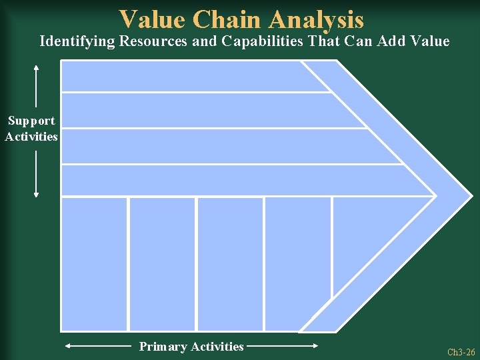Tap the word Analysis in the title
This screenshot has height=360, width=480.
(316, 19)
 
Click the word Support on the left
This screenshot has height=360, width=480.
(31, 121)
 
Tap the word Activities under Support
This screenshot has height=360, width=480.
(31, 137)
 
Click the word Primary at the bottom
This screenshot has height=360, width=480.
(163, 347)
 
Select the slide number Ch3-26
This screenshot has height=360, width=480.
(461, 352)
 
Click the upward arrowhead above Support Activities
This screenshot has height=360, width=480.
(36, 67)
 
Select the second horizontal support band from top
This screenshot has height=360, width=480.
(200, 110)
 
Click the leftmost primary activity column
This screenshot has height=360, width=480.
(94, 263)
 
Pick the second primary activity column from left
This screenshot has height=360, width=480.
(162, 263)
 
